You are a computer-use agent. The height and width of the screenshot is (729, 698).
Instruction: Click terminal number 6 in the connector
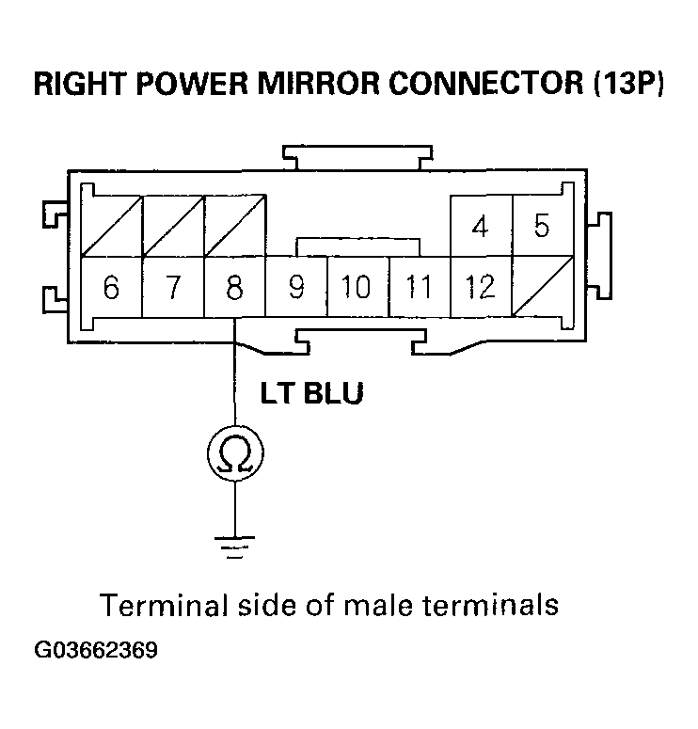coord(111,287)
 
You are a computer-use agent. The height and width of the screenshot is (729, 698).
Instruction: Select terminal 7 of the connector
coord(172,287)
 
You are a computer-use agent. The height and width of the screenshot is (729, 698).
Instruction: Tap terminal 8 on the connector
coord(234,287)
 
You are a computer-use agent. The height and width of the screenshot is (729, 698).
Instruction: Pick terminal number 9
coord(296,287)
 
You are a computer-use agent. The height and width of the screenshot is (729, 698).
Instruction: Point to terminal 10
coord(357,287)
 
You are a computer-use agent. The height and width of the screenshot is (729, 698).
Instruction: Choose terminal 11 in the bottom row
coord(420,287)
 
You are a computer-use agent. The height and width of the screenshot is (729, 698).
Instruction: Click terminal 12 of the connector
coord(481,287)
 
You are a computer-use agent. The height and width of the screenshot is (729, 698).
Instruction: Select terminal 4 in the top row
coord(481,227)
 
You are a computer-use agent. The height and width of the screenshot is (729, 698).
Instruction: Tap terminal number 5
coord(542,227)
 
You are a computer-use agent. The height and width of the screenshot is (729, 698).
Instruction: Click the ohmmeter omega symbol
coord(234,455)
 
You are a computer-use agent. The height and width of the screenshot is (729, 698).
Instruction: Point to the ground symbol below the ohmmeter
coord(234,547)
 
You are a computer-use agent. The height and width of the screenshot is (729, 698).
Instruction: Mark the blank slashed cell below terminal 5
coord(542,287)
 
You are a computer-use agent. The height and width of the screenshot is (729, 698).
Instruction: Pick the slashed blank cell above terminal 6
coord(111,226)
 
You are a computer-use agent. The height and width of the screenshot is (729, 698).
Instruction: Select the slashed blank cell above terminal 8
coord(234,226)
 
